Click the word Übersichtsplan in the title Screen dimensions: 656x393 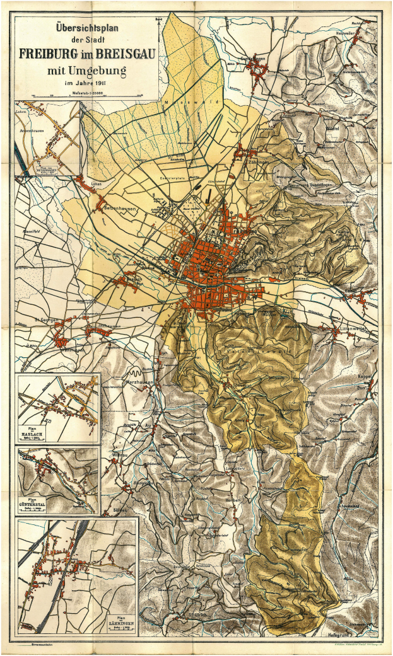pyautogui.click(x=86, y=28)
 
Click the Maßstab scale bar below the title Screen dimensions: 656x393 pyautogui.click(x=87, y=96)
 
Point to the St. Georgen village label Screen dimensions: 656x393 pyautogui.click(x=46, y=320)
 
